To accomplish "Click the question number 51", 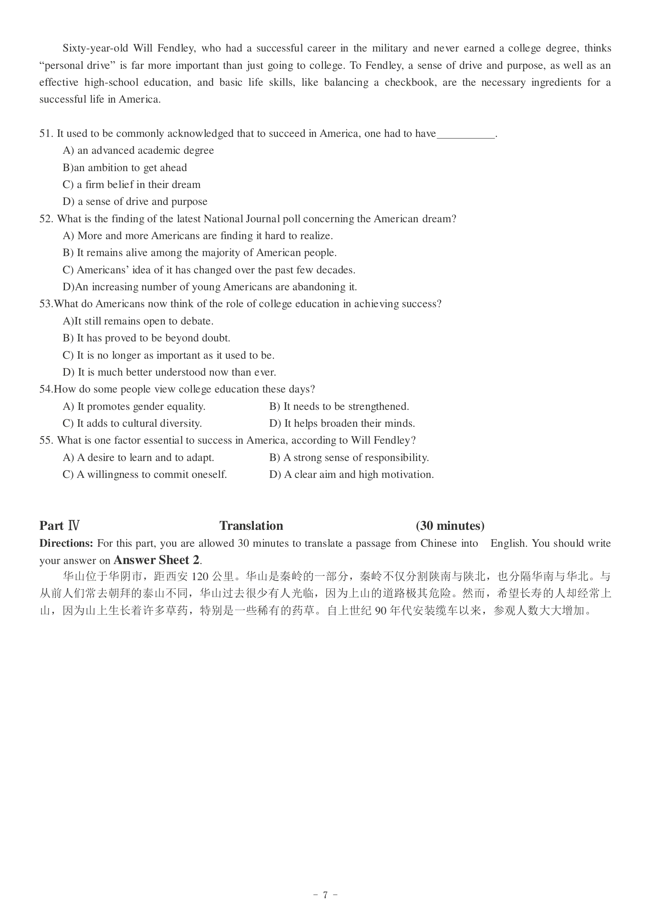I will click(46, 133).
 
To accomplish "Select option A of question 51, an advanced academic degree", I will click(138, 150).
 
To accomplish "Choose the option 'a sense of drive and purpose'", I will click(135, 201).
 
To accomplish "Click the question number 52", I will click(46, 219).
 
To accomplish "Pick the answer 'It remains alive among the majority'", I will click(200, 253).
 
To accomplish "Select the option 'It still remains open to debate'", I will click(138, 321).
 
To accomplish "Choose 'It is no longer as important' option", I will click(168, 355).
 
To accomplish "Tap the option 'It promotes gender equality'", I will click(134, 406).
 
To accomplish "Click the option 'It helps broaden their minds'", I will click(342, 423).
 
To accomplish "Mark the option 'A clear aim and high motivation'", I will click(351, 474).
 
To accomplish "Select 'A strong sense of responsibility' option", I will click(349, 457).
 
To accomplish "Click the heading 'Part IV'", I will click(59, 525).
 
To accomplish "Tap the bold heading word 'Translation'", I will click(252, 525).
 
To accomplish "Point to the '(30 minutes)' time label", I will click(450, 525).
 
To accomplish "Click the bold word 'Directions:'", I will click(66, 543).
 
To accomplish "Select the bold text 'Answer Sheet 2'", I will click(156, 560).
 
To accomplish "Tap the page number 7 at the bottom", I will click(325, 895).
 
